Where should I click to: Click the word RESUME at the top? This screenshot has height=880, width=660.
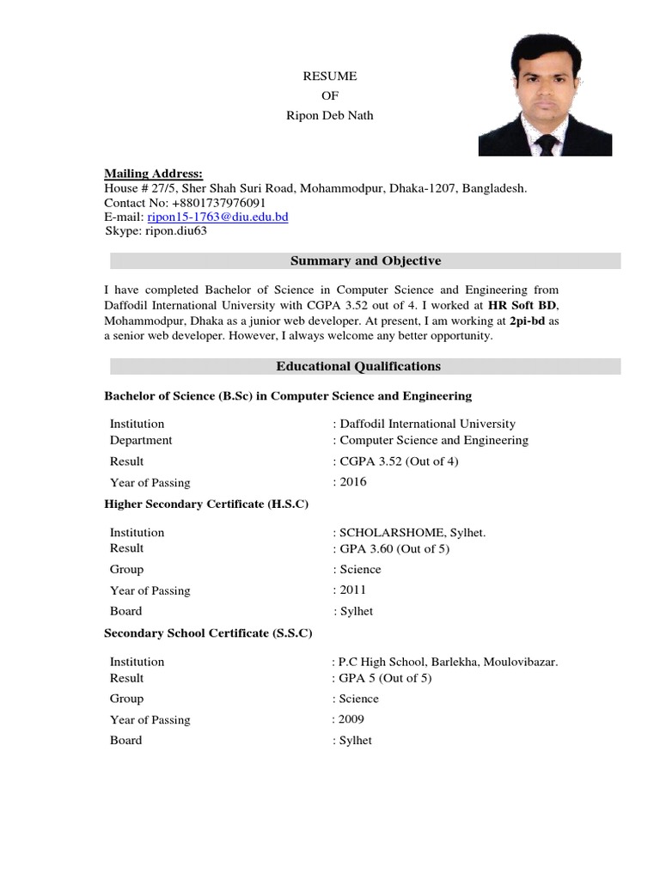point(329,76)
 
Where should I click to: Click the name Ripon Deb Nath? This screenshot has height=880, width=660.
point(329,115)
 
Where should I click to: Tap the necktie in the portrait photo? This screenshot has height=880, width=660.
point(547,143)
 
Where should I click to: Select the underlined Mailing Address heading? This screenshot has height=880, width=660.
point(153,174)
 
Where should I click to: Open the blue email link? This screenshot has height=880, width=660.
point(217,217)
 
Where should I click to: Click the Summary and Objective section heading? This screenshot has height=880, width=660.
point(365,261)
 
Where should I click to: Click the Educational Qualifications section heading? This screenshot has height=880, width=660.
point(358,367)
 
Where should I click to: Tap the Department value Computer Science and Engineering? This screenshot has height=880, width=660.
point(434,440)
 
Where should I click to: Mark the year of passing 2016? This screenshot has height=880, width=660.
point(352,482)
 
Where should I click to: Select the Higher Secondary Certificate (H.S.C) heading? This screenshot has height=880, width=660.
point(205,504)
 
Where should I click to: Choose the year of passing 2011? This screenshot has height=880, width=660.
point(352,590)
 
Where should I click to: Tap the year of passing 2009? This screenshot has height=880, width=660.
point(352,719)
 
